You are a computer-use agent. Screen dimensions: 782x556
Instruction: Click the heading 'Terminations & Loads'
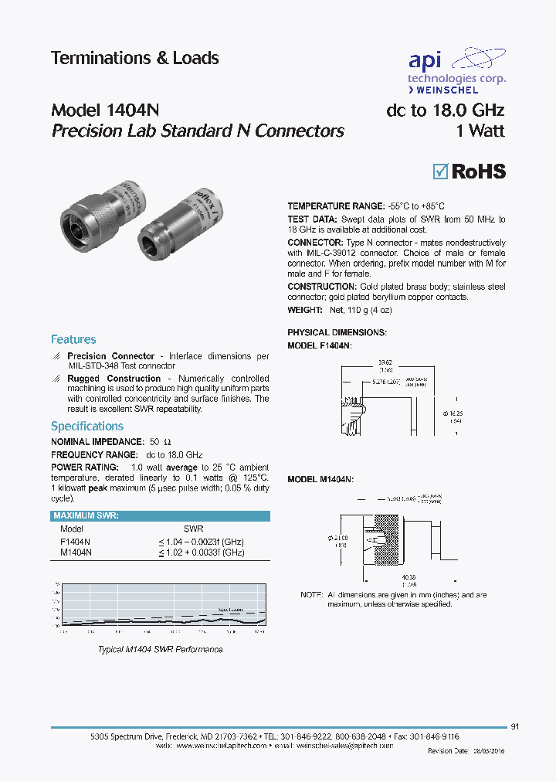coord(134,59)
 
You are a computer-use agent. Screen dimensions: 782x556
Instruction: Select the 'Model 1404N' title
coord(105,110)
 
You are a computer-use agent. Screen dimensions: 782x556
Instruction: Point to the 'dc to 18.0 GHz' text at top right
coord(445,110)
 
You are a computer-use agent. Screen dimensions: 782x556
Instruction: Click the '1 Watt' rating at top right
coord(480,131)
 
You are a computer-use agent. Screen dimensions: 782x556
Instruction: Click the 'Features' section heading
coord(73,339)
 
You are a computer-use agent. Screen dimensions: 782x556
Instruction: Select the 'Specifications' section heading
coord(86,426)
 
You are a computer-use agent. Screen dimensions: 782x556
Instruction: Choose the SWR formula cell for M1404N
coord(202,552)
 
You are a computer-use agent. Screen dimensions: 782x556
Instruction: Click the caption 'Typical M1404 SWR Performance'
coord(160,649)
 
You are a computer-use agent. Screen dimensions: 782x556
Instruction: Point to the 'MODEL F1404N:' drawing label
coord(320,346)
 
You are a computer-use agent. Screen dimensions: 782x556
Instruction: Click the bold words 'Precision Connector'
coord(111,356)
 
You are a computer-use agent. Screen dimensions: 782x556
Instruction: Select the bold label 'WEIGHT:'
coord(305,310)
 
